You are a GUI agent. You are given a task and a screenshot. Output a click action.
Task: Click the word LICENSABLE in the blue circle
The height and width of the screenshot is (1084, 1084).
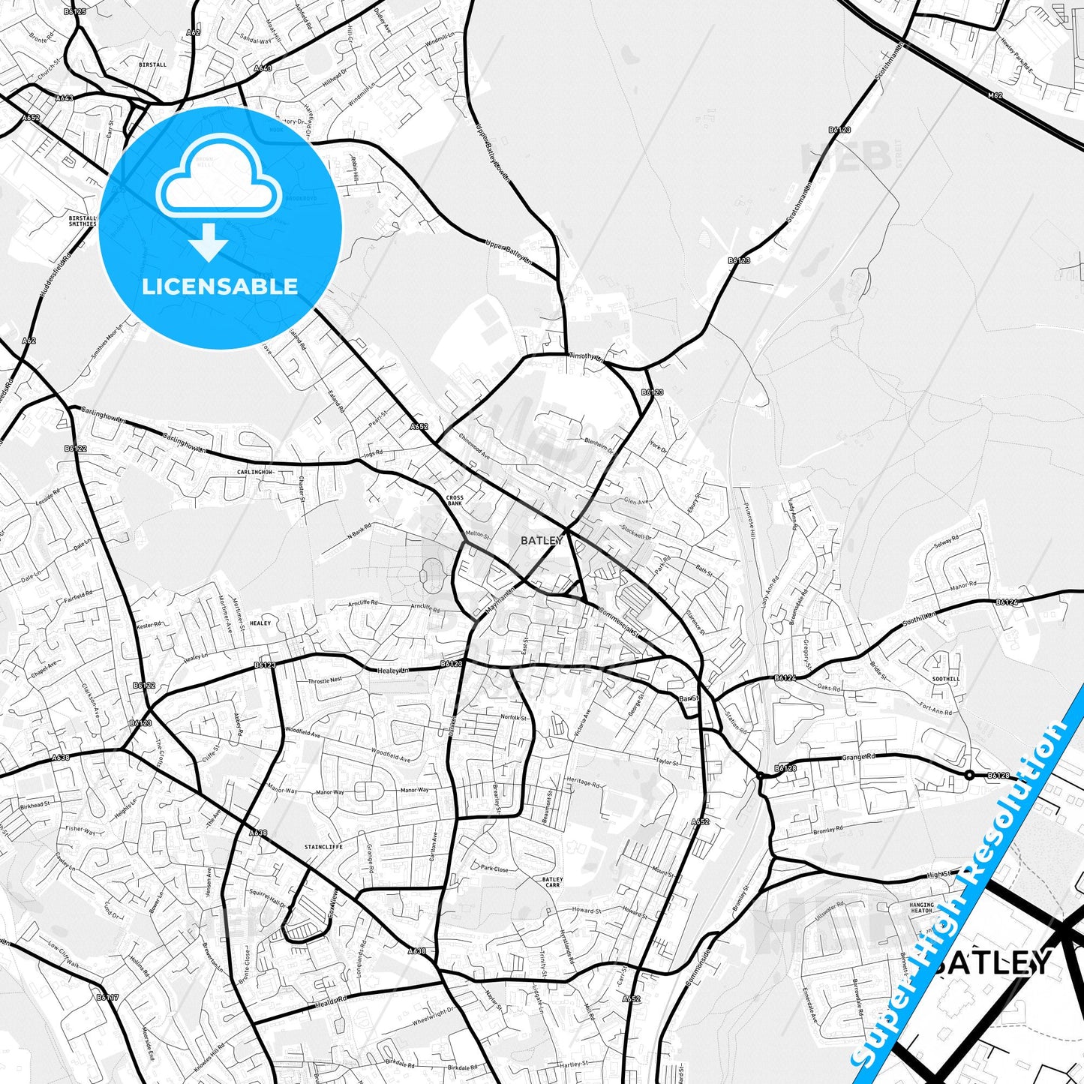[x=220, y=287]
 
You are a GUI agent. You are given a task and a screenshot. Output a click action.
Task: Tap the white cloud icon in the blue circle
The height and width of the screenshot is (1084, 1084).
[x=218, y=178]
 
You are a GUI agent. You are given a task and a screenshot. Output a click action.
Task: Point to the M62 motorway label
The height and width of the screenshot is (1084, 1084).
[x=995, y=95]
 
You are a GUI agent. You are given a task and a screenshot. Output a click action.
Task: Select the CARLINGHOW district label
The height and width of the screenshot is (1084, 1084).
[x=255, y=472]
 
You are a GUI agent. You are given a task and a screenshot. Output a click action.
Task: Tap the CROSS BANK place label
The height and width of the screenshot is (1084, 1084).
[x=455, y=500]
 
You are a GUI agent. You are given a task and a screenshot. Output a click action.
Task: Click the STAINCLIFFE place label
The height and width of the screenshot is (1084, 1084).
[x=323, y=846]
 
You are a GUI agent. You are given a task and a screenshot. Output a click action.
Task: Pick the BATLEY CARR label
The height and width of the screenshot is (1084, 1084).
[x=552, y=882]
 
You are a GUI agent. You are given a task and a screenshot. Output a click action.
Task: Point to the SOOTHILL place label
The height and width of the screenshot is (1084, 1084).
[x=945, y=679]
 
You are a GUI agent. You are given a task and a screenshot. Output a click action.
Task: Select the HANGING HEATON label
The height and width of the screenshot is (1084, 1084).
[x=921, y=908]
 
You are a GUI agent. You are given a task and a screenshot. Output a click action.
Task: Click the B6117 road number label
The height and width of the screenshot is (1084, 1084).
[x=107, y=997]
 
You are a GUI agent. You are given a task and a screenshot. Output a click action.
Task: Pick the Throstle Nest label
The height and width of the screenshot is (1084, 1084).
[x=325, y=680]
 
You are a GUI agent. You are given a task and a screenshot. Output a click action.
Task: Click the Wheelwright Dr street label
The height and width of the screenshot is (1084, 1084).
[x=434, y=1017]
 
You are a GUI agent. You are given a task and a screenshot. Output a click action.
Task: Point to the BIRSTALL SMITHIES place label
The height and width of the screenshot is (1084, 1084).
[x=82, y=221]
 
